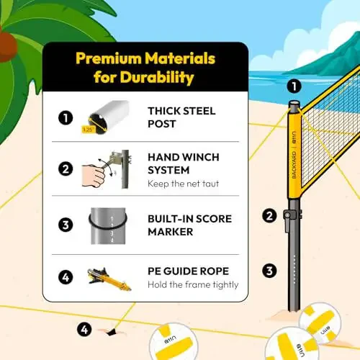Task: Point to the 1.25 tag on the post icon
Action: coord(88,130)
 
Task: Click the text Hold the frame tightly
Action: coord(192,285)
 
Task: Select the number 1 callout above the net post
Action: coord(292,86)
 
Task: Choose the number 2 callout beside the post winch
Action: coord(269,215)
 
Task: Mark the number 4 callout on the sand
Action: coord(85,330)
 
